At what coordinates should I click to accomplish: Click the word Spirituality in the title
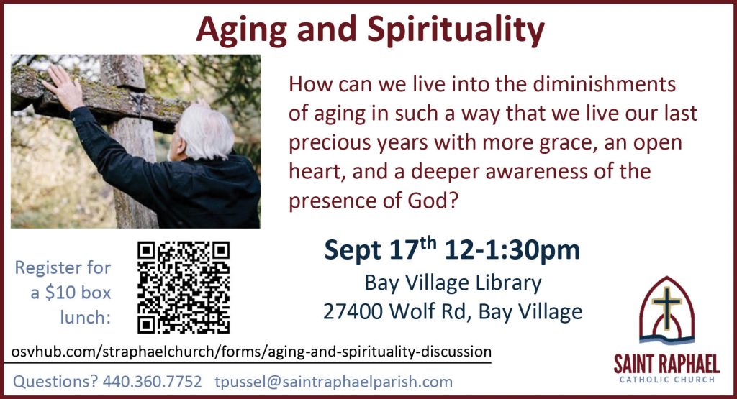(456, 30)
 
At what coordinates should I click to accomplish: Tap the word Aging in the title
(242, 30)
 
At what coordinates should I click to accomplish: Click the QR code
(184, 288)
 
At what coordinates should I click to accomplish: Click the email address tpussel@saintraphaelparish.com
(334, 381)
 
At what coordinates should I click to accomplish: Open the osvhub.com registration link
(251, 352)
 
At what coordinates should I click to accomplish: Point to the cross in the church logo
(666, 306)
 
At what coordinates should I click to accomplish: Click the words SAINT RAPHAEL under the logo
(666, 364)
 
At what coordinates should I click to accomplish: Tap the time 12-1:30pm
(512, 249)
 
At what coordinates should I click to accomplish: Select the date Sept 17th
(380, 249)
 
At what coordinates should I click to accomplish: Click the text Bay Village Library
(453, 283)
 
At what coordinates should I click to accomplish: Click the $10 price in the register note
(60, 293)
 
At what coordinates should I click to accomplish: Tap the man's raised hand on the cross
(63, 87)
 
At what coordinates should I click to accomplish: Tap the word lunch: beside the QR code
(85, 317)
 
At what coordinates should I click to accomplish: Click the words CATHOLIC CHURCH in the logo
(667, 380)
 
